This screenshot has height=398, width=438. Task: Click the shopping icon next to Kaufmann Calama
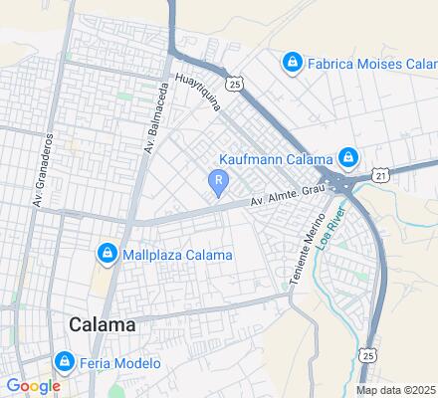pos(347,158)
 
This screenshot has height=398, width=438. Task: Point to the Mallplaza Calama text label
pos(177,255)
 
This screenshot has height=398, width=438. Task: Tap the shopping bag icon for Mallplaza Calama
pos(107,254)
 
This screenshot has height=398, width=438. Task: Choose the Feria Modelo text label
pos(121,363)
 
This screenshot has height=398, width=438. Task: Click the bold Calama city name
pos(104,325)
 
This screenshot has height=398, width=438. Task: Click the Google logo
pos(32,385)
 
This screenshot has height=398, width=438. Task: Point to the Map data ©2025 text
pos(396,390)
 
